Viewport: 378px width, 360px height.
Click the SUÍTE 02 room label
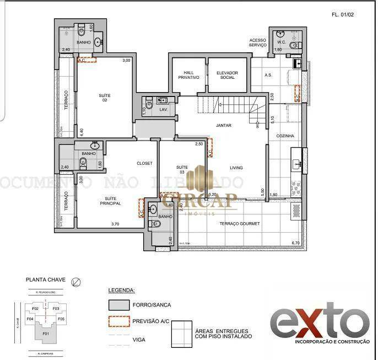[x=104, y=98]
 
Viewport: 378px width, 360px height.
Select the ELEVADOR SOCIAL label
[x=226, y=75]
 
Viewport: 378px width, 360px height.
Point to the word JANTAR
[x=224, y=125]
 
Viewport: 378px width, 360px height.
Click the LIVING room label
[x=236, y=168]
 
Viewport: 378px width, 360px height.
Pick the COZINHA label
[x=285, y=136]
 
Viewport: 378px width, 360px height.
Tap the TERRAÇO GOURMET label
[x=239, y=223]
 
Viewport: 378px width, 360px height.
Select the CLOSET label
[x=144, y=163]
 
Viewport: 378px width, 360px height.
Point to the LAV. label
[x=163, y=110]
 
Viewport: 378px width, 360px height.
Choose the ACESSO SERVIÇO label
[x=258, y=42]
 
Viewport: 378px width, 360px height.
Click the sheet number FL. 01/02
[x=342, y=15]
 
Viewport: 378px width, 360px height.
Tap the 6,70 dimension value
[x=295, y=243]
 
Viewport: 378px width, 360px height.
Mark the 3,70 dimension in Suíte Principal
[x=115, y=224]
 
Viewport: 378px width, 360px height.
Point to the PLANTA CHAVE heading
[x=46, y=280]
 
